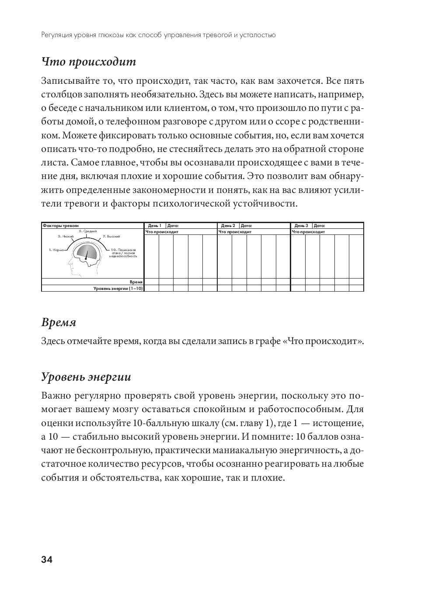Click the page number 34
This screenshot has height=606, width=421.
pyautogui.click(x=47, y=560)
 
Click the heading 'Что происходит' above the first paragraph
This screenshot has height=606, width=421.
pyautogui.click(x=89, y=62)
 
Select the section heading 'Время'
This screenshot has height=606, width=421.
pyautogui.click(x=59, y=323)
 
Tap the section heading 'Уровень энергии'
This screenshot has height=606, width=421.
pyautogui.click(x=86, y=377)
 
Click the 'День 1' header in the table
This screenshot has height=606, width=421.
pyautogui.click(x=155, y=226)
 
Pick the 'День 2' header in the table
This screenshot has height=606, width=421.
pyautogui.click(x=228, y=226)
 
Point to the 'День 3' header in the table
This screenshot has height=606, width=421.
pyautogui.click(x=301, y=226)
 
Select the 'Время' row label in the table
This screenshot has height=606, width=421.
pyautogui.click(x=136, y=282)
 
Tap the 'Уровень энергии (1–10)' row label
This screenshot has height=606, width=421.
pyautogui.click(x=118, y=288)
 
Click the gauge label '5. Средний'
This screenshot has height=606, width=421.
pyautogui.click(x=88, y=231)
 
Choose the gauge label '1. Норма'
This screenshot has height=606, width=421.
pyautogui.click(x=56, y=250)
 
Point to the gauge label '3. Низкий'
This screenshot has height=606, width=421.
pyautogui.click(x=66, y=236)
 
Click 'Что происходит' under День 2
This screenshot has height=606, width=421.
pyautogui.click(x=235, y=232)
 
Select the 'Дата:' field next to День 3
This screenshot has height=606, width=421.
pyautogui.click(x=320, y=226)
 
